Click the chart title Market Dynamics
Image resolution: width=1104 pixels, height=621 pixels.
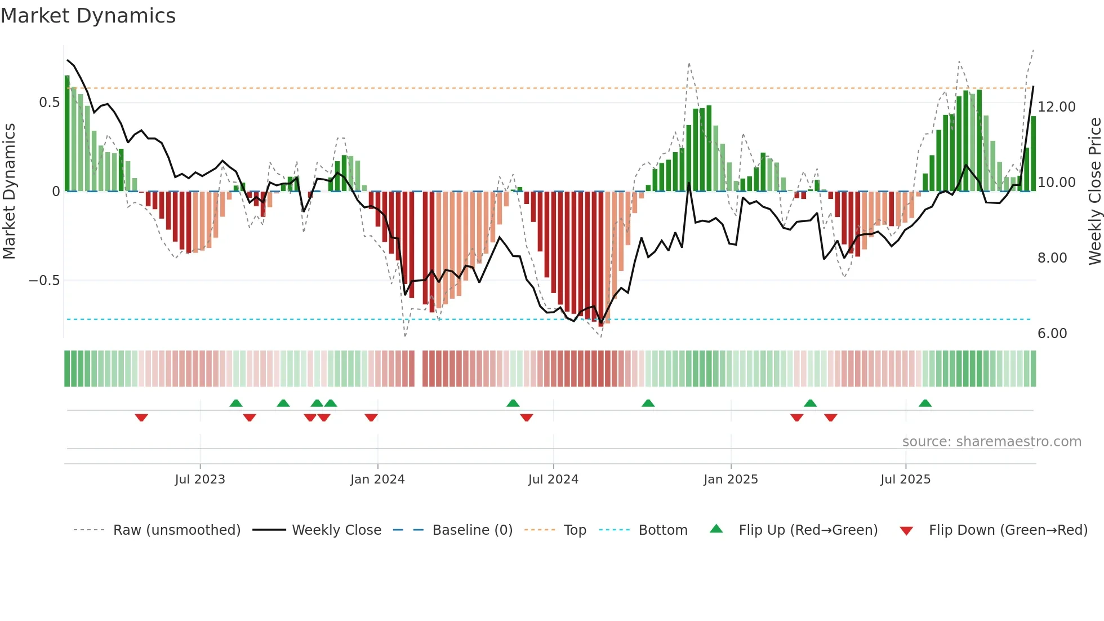point(88,16)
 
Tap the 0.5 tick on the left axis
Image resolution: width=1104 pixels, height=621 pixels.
point(49,103)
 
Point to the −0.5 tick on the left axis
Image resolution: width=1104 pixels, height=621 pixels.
point(44,281)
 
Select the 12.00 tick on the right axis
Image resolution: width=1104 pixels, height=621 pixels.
point(1056,107)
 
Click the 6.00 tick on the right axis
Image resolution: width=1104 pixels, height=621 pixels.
point(1052,334)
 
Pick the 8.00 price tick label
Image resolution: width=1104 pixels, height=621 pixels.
point(1052,258)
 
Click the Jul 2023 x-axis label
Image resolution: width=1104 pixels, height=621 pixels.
point(199,480)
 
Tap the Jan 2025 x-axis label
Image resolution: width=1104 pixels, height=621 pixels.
point(730,480)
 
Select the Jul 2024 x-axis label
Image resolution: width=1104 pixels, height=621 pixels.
point(553,480)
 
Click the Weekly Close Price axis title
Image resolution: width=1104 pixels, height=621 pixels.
point(1094,192)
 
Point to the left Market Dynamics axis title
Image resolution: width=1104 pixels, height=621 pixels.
point(9,192)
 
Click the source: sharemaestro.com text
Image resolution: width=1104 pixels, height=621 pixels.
point(991,442)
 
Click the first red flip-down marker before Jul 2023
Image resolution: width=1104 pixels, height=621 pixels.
point(141,417)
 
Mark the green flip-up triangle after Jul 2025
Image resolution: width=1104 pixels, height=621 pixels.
point(925,403)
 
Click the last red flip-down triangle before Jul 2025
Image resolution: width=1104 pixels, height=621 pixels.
point(830,417)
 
